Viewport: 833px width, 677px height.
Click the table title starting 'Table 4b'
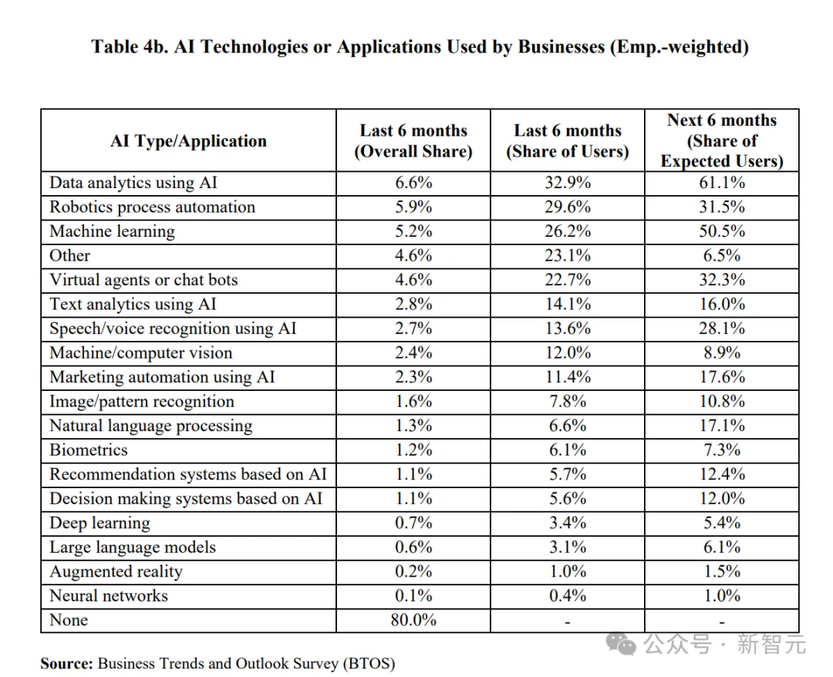420,47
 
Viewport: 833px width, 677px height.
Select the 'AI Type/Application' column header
188,141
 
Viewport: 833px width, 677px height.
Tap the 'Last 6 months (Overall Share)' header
413,141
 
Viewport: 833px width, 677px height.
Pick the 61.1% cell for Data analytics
722,183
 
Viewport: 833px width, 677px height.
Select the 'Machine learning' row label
112,231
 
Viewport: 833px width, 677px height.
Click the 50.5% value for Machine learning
722,231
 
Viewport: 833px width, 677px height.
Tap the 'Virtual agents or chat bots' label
143,280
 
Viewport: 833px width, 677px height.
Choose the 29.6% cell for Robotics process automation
567,207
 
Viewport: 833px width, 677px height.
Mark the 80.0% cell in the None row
413,620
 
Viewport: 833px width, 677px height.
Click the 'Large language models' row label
133,547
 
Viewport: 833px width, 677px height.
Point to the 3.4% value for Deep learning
567,523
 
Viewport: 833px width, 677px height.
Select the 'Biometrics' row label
89,450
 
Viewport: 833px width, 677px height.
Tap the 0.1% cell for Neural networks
413,596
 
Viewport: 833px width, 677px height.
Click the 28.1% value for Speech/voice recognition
722,328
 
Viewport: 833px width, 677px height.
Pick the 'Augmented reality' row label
116,571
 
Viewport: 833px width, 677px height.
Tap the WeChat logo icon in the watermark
623,644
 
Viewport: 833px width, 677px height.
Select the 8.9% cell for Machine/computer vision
722,353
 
